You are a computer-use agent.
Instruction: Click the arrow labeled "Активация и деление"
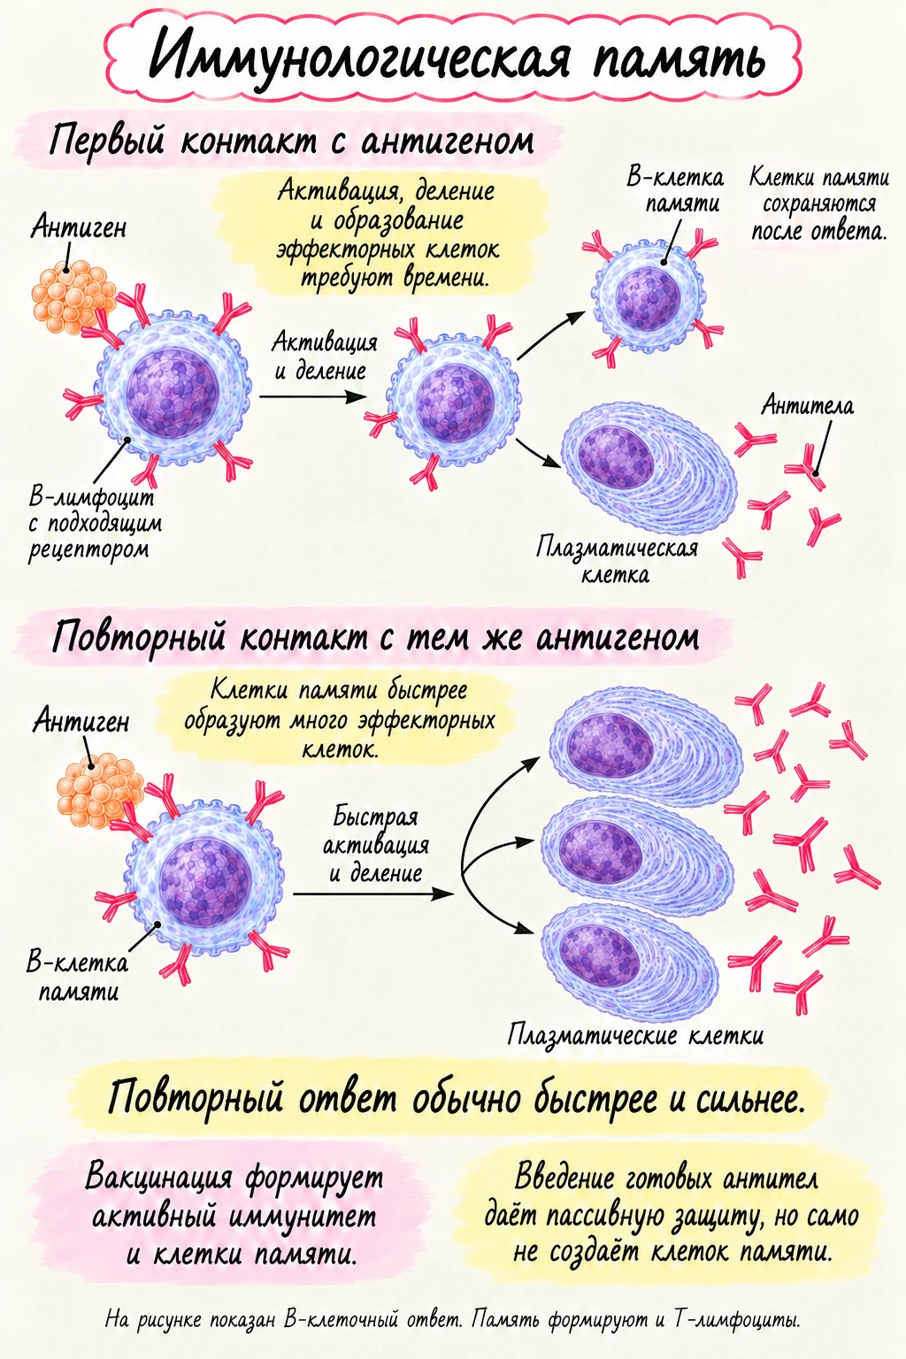313,396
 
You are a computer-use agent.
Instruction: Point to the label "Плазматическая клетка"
617,559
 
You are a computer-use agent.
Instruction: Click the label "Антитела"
807,404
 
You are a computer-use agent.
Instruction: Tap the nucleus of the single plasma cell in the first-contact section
615,457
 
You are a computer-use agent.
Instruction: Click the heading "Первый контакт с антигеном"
291,142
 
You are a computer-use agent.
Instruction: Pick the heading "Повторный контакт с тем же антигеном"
375,638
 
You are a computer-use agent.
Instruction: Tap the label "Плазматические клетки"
635,1034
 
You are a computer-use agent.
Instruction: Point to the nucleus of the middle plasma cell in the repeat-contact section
599,848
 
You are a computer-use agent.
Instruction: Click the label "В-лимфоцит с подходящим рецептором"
94,524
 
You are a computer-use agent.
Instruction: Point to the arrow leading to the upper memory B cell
550,334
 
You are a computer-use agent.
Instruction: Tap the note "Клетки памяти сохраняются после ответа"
818,203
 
